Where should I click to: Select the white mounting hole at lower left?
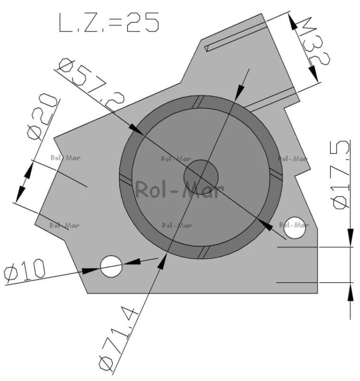point(111,266)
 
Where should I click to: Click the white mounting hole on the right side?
point(294,227)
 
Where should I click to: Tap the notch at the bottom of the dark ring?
point(203,251)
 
